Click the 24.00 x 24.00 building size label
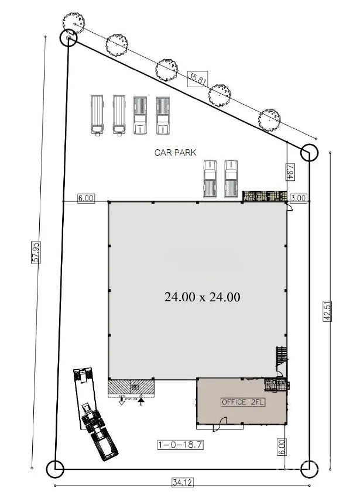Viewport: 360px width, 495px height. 203,297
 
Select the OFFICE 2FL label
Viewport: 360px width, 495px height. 240,403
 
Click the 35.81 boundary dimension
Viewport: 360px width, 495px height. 197,78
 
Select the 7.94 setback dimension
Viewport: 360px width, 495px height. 290,172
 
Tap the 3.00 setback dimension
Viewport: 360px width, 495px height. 299,198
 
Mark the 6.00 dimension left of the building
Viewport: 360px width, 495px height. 85,198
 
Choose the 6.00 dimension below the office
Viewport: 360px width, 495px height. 282,448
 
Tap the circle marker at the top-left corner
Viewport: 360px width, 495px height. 68,38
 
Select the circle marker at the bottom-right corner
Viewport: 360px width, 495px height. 308,468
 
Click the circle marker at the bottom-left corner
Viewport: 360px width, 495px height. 55,468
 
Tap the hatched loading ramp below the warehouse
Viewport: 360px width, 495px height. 131,387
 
